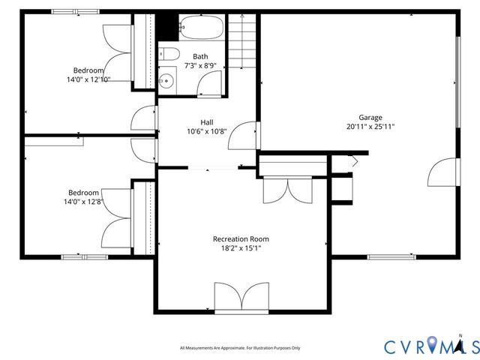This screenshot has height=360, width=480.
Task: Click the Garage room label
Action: point(370,118)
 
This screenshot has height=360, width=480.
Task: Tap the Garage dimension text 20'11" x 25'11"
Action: point(370,127)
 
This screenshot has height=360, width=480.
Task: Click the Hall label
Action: point(207,122)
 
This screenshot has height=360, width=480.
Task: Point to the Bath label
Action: point(200,56)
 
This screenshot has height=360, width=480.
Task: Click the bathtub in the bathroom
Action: point(200,29)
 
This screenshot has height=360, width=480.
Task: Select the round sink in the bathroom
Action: point(166,80)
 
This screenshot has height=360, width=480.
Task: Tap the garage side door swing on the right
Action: point(442,173)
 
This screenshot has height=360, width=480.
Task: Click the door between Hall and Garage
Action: point(244,136)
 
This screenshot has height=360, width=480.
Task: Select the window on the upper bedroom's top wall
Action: point(75,11)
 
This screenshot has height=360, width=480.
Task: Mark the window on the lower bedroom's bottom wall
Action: point(84,257)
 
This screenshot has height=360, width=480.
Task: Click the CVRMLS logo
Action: point(431,346)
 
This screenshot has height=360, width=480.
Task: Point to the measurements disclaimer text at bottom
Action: point(240,348)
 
